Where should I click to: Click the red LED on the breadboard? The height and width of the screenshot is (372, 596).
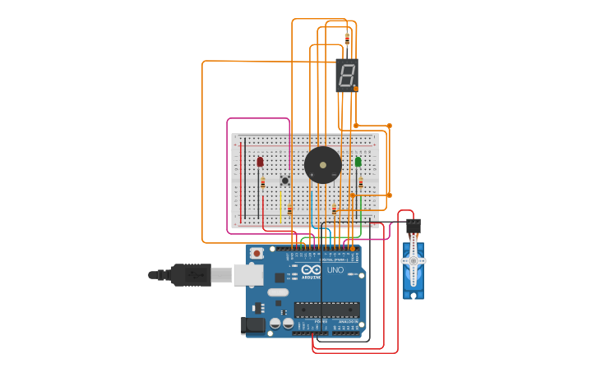point(261,163)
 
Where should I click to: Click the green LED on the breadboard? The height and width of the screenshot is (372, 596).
point(358,163)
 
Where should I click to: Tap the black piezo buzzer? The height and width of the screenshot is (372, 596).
point(323,165)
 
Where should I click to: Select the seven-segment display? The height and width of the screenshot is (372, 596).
point(347,75)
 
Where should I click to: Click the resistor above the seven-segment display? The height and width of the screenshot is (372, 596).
point(347,39)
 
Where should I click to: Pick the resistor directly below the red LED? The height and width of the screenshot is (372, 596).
point(263,182)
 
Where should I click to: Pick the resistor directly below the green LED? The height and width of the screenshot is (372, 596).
point(360,182)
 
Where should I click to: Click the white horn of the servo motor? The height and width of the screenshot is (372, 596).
point(413,260)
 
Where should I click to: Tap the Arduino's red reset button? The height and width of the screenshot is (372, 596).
point(257,254)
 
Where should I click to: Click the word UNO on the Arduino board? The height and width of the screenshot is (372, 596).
point(335,270)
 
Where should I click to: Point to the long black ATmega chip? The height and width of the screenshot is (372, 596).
point(327,310)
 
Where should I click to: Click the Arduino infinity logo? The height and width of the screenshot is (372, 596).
point(312,269)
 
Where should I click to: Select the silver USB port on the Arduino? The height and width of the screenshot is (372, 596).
point(248,274)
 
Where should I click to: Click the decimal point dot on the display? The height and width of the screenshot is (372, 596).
point(356,88)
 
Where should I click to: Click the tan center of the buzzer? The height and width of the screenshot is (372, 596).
point(323,165)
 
